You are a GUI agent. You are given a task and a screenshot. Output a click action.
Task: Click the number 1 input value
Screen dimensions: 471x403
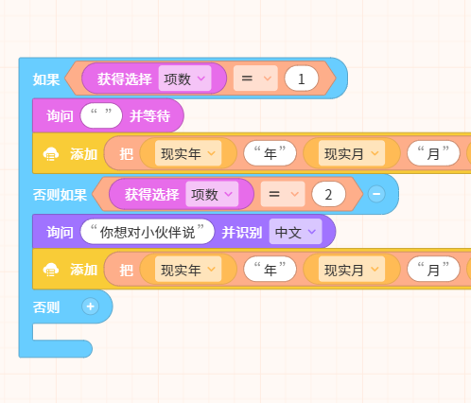tap(301, 79)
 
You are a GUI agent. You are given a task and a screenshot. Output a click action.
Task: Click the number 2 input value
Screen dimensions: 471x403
tap(328, 194)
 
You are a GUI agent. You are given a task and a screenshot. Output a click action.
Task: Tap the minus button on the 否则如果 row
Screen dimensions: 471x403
tap(376, 194)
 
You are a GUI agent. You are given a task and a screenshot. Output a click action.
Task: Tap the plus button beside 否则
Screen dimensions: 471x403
tap(90, 307)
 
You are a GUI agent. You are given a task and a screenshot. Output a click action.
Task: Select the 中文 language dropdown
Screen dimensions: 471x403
tap(295, 232)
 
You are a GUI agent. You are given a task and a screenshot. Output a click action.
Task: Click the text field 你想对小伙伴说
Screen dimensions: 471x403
tap(148, 232)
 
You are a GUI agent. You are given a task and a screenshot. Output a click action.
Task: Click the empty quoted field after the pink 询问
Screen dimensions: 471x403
tap(101, 115)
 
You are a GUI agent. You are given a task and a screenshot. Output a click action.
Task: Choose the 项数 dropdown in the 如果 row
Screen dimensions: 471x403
tap(184, 79)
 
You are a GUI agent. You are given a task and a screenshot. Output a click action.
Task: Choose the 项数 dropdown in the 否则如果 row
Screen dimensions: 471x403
tap(212, 194)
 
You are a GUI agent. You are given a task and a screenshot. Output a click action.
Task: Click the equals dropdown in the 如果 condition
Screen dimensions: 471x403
tap(255, 79)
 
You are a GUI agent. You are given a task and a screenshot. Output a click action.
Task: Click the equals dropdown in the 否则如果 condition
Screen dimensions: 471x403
tap(283, 194)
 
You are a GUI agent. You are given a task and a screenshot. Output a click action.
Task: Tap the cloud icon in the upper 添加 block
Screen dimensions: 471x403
tap(51, 154)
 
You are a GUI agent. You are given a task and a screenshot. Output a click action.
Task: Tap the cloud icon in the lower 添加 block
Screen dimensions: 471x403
tap(51, 270)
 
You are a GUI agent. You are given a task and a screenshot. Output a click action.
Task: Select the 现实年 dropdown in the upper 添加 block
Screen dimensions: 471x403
tap(188, 153)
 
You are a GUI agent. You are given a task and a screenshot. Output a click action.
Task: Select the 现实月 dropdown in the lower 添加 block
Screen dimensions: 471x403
tap(352, 270)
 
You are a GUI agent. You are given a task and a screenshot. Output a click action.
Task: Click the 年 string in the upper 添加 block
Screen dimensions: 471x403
tap(270, 153)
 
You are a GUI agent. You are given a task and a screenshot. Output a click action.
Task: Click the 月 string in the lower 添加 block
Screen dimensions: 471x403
tap(433, 270)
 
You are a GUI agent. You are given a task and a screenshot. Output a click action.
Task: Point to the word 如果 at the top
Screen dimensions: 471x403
tap(46, 79)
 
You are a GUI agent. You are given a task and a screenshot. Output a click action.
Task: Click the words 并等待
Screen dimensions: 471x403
tap(150, 116)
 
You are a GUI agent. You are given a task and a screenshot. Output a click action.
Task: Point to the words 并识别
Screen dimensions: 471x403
tap(242, 233)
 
